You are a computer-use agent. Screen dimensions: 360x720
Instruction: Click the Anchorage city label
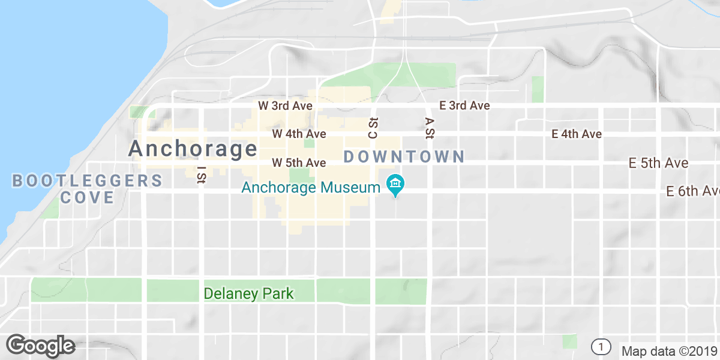(193, 148)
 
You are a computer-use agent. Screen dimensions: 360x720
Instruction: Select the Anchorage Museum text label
(311, 187)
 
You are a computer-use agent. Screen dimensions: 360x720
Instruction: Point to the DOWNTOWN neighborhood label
(404, 157)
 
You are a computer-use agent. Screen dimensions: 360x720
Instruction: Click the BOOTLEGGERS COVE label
(87, 188)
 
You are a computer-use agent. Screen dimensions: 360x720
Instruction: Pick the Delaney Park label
(249, 293)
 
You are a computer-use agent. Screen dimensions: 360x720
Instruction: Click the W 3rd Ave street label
(286, 106)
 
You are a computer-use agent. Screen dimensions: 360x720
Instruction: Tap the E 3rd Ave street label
(464, 106)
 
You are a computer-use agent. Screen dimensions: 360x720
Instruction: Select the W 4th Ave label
(299, 133)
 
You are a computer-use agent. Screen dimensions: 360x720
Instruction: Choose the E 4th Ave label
(577, 134)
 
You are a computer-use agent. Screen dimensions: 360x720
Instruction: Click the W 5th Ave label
(299, 163)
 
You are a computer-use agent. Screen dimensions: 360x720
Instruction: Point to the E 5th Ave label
(658, 163)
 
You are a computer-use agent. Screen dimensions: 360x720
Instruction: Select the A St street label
(429, 127)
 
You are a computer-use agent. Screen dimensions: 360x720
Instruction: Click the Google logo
(41, 346)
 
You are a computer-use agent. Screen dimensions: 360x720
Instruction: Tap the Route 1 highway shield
(600, 346)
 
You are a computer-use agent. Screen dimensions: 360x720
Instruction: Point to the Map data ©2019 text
(669, 351)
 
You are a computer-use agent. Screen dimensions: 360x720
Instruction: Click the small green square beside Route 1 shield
(569, 341)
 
